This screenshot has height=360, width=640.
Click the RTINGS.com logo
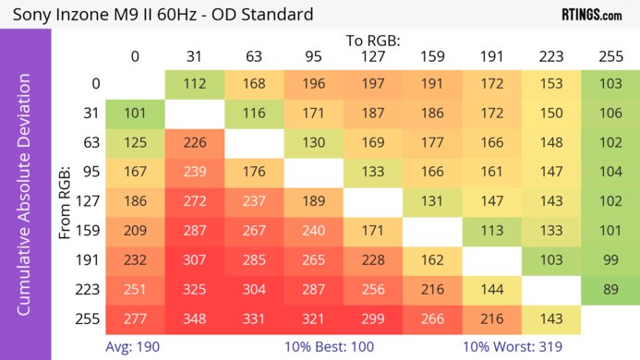591,15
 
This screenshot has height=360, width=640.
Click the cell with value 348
195,318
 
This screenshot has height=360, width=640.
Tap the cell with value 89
610,290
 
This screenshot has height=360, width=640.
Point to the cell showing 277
135,318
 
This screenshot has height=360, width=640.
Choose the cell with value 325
195,290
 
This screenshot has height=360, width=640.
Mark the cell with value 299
373,318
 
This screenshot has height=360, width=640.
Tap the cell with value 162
432,260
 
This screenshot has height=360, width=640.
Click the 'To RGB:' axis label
373,41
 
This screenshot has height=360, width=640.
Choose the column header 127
373,56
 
